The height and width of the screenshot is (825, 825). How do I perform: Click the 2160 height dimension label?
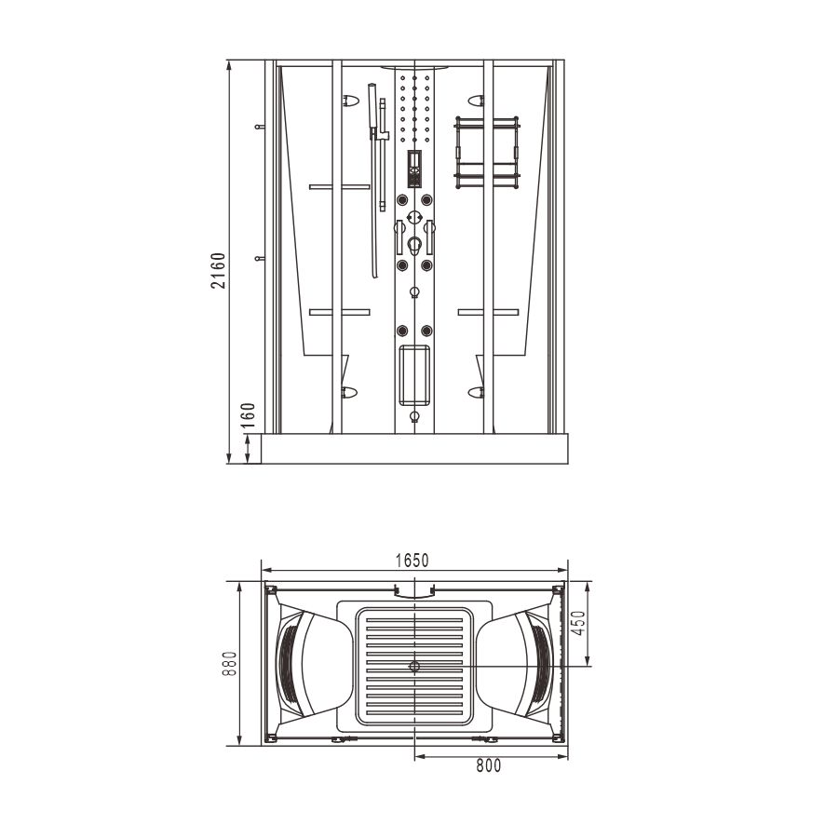218,270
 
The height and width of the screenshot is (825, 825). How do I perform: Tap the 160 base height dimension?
248,415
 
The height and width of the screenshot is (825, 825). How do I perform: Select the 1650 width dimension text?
412,561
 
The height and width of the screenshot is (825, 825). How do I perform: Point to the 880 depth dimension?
229,664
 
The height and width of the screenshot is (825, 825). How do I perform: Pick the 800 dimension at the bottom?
489,765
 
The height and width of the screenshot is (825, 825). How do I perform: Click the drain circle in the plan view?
414,666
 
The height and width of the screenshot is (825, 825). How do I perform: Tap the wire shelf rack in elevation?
487,152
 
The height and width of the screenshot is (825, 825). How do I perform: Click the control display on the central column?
414,169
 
